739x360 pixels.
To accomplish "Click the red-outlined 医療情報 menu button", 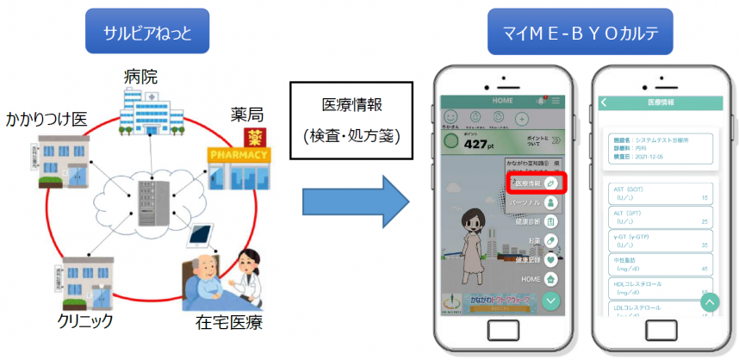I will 535,183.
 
